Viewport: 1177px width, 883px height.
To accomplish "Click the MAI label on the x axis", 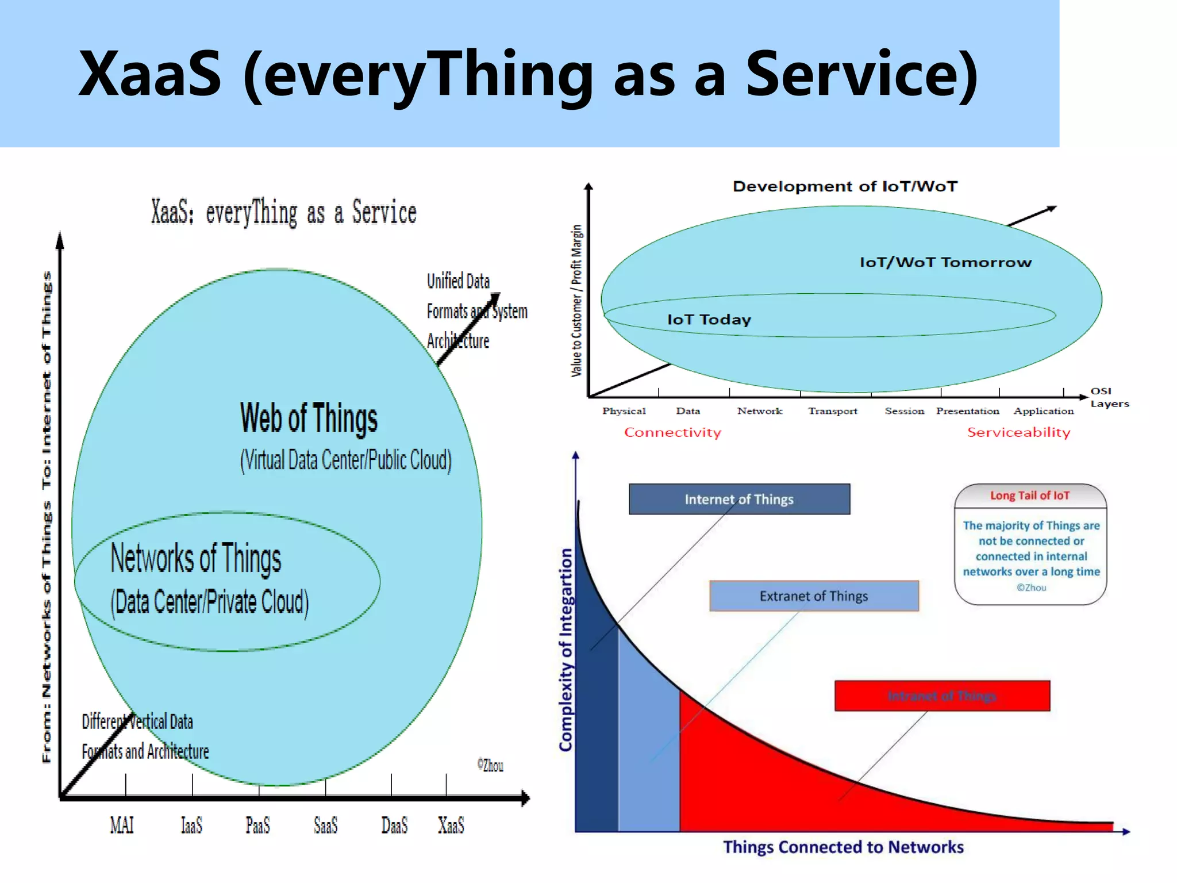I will coord(121,826).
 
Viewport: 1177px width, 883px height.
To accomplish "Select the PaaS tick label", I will coord(257,826).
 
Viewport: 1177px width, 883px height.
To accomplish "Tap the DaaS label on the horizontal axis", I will coord(394,826).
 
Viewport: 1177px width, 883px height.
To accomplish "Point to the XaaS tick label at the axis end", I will coord(451,826).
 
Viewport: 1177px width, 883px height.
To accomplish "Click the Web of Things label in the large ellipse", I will coord(309,418).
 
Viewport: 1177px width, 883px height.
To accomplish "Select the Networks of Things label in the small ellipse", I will coord(195,558).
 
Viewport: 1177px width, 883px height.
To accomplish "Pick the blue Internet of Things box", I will coord(739,499).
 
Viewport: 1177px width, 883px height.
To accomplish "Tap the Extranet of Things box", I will coord(814,596).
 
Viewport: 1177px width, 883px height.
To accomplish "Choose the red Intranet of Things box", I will coord(942,696).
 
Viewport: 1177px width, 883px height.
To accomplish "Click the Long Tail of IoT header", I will coord(1030,496).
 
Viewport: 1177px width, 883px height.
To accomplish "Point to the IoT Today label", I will coord(709,320).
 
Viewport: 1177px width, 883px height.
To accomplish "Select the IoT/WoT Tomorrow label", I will coord(945,263).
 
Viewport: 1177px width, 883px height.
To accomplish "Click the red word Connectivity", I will coord(672,432).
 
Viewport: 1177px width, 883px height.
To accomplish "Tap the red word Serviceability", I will coord(1018,432).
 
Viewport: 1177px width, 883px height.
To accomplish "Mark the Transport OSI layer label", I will coord(832,411).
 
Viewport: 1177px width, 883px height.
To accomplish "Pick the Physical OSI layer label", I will coord(624,411).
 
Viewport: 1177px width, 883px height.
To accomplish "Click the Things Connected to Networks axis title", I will coord(843,847).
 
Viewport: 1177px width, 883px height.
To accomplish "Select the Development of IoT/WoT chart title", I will coord(845,186).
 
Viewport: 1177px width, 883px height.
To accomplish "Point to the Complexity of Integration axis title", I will coord(566,650).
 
